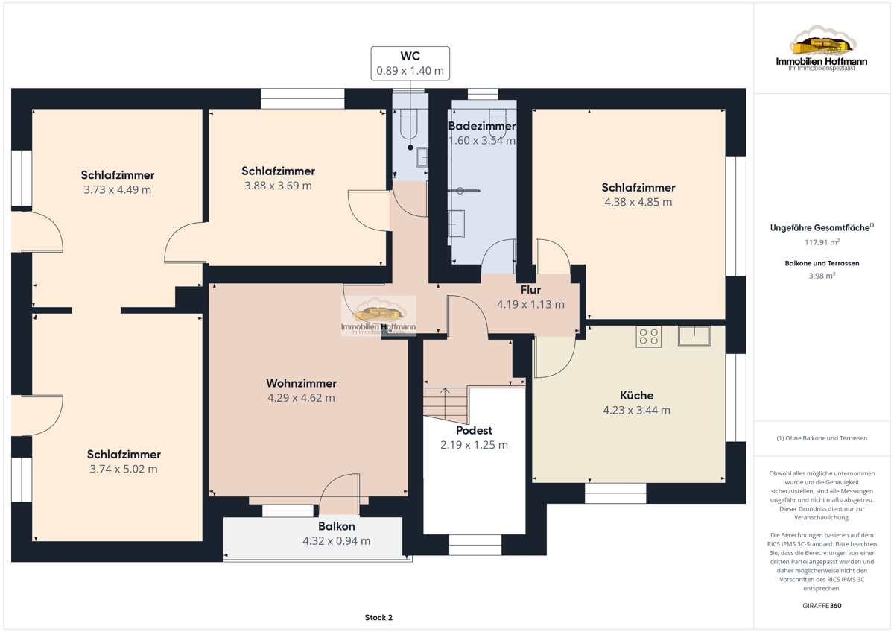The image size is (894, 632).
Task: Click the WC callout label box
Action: (x=410, y=63)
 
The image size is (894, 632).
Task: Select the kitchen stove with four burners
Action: (x=649, y=336)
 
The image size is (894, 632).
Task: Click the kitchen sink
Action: (x=694, y=336)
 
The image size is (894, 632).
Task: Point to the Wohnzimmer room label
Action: (x=301, y=383)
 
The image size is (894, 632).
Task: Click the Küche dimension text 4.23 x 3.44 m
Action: (x=636, y=410)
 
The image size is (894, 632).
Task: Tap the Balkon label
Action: (x=337, y=526)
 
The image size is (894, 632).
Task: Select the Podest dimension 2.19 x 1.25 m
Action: (x=474, y=445)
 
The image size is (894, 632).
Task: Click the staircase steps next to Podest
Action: (x=446, y=405)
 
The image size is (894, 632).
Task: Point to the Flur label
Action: (x=530, y=289)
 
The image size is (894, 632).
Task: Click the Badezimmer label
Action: (x=482, y=126)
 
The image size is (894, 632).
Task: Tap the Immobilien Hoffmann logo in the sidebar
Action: (x=822, y=48)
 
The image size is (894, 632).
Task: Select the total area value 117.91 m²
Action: (x=822, y=242)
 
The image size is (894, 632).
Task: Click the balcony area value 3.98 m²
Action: (x=822, y=276)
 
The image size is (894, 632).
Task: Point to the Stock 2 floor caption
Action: (x=378, y=617)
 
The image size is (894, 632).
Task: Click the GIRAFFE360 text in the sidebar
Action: (x=822, y=606)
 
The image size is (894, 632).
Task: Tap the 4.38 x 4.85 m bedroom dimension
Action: (x=638, y=202)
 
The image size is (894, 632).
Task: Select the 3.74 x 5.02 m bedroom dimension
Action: (x=124, y=469)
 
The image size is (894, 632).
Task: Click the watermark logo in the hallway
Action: (x=378, y=316)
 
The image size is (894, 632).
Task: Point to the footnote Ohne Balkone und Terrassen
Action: (x=822, y=438)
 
